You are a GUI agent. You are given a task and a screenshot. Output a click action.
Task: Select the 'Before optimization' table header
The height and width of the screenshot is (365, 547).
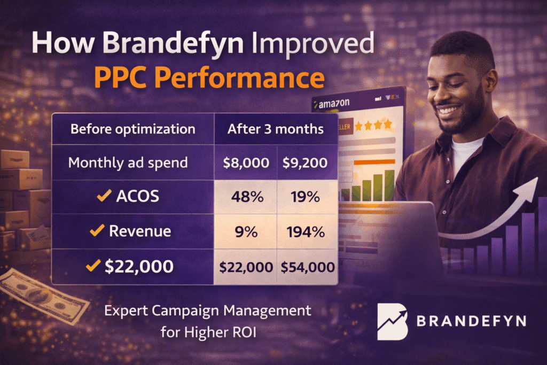133,129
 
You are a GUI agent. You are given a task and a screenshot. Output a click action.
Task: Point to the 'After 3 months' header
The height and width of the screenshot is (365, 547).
276,129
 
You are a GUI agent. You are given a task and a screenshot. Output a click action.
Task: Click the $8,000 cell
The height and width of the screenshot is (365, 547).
246,163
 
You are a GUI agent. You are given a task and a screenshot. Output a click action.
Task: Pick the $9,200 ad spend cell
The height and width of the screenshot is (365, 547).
305,163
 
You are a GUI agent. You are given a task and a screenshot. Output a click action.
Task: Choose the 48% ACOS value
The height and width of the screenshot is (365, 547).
247,197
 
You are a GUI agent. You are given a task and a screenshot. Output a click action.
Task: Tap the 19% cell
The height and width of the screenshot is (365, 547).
305,197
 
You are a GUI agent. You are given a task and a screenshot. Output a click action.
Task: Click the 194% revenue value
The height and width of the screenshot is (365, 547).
306,232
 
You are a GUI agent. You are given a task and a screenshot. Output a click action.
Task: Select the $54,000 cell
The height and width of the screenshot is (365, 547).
308,267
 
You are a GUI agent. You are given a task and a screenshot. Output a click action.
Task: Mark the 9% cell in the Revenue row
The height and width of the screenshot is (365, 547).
246,232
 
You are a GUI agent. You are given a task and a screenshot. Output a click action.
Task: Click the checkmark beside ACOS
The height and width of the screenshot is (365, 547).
104,196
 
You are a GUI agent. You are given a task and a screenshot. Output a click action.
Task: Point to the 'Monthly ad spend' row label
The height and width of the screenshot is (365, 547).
128,163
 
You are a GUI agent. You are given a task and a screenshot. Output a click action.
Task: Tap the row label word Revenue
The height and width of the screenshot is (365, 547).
140,231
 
